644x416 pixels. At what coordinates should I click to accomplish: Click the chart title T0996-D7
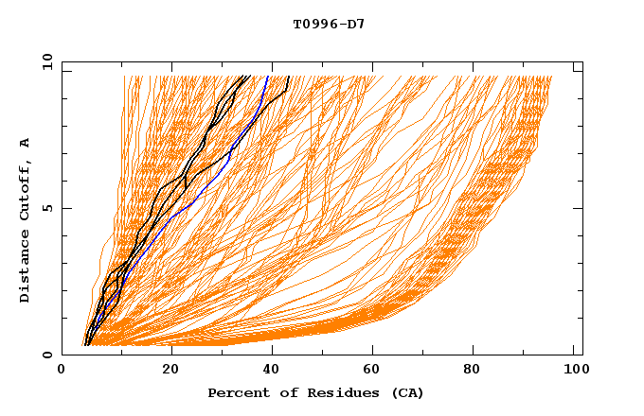tap(329, 24)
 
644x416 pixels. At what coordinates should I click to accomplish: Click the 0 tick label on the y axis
tap(45, 355)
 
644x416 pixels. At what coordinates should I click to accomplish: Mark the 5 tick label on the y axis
tap(45, 208)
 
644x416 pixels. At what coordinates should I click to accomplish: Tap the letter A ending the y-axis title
tap(25, 143)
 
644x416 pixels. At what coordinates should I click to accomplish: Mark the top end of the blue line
tap(268, 77)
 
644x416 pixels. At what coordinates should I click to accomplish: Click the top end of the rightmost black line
tap(288, 77)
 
